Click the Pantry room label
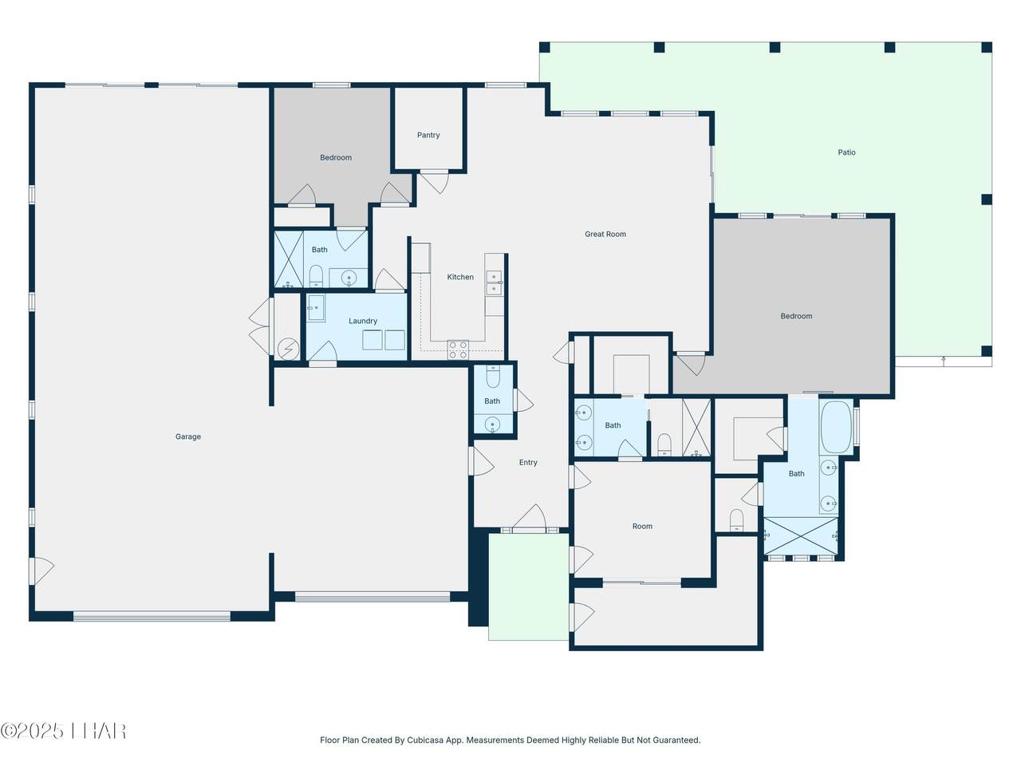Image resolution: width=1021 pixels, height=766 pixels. (428, 135)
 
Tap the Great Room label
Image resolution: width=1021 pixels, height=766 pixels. (605, 234)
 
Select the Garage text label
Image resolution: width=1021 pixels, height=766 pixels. (188, 436)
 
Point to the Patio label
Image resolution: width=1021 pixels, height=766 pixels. (846, 152)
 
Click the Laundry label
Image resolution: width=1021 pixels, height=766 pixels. (363, 321)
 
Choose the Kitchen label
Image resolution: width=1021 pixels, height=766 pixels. (460, 277)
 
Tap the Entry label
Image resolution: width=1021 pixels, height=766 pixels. (528, 462)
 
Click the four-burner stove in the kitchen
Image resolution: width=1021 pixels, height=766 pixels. (458, 349)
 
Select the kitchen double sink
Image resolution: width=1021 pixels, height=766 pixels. (494, 282)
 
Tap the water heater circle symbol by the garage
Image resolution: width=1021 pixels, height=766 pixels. (288, 349)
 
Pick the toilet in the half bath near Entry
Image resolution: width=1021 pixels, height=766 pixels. (493, 377)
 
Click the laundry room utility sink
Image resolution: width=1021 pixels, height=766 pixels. (317, 307)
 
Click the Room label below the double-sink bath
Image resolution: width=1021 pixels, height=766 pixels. (642, 526)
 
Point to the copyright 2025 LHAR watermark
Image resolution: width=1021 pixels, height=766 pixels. (63, 731)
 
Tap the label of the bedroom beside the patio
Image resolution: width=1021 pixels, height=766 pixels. (796, 316)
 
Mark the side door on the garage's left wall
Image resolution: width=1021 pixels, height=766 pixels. (41, 571)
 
